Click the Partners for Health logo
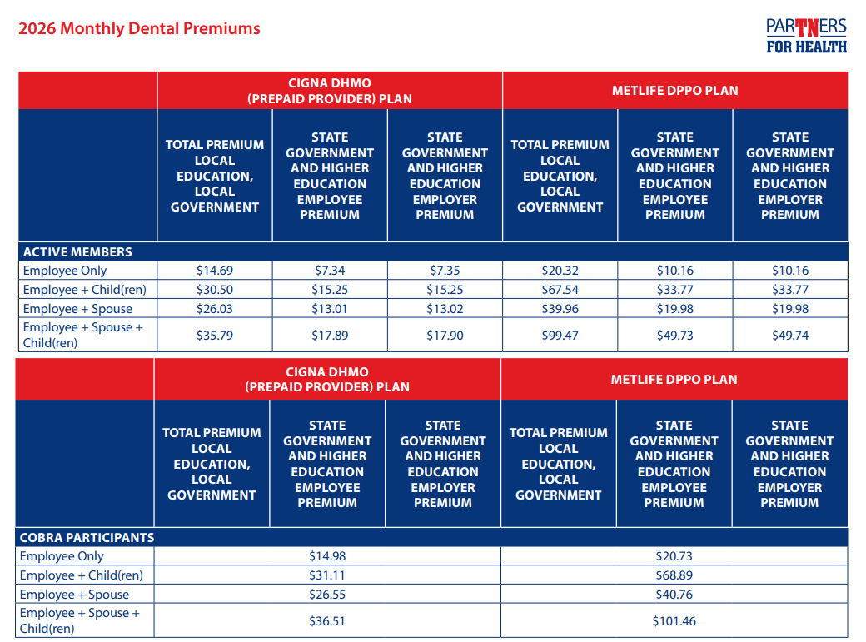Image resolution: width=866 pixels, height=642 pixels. click(806, 36)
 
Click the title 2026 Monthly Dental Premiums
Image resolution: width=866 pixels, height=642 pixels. click(139, 28)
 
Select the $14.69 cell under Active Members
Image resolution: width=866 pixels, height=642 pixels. click(215, 271)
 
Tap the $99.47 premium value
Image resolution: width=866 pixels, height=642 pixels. click(560, 336)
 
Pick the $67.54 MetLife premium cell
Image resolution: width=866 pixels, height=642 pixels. click(560, 290)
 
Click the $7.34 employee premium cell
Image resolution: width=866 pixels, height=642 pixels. click(330, 271)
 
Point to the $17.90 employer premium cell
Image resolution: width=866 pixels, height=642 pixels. click(445, 336)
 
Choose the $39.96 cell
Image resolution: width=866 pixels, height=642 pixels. click(560, 309)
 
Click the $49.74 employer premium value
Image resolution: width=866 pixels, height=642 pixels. click(789, 336)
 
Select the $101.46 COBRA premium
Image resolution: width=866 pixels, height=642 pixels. click(674, 621)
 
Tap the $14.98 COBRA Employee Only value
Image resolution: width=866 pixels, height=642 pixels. click(327, 556)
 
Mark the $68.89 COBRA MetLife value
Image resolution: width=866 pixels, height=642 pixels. click(674, 575)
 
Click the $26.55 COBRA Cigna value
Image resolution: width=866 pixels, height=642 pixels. click(327, 595)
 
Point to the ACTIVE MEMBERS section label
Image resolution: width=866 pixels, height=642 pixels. click(77, 251)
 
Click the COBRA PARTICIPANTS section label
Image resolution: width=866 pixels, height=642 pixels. click(87, 537)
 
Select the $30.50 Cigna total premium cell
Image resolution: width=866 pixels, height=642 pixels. click(215, 290)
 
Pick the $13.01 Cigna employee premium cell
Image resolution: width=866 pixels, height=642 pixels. click(330, 309)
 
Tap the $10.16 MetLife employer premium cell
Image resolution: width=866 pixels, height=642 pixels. click(789, 271)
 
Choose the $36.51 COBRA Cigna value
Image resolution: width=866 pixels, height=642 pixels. click(327, 621)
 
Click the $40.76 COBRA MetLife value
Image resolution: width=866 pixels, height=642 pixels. click(674, 595)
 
